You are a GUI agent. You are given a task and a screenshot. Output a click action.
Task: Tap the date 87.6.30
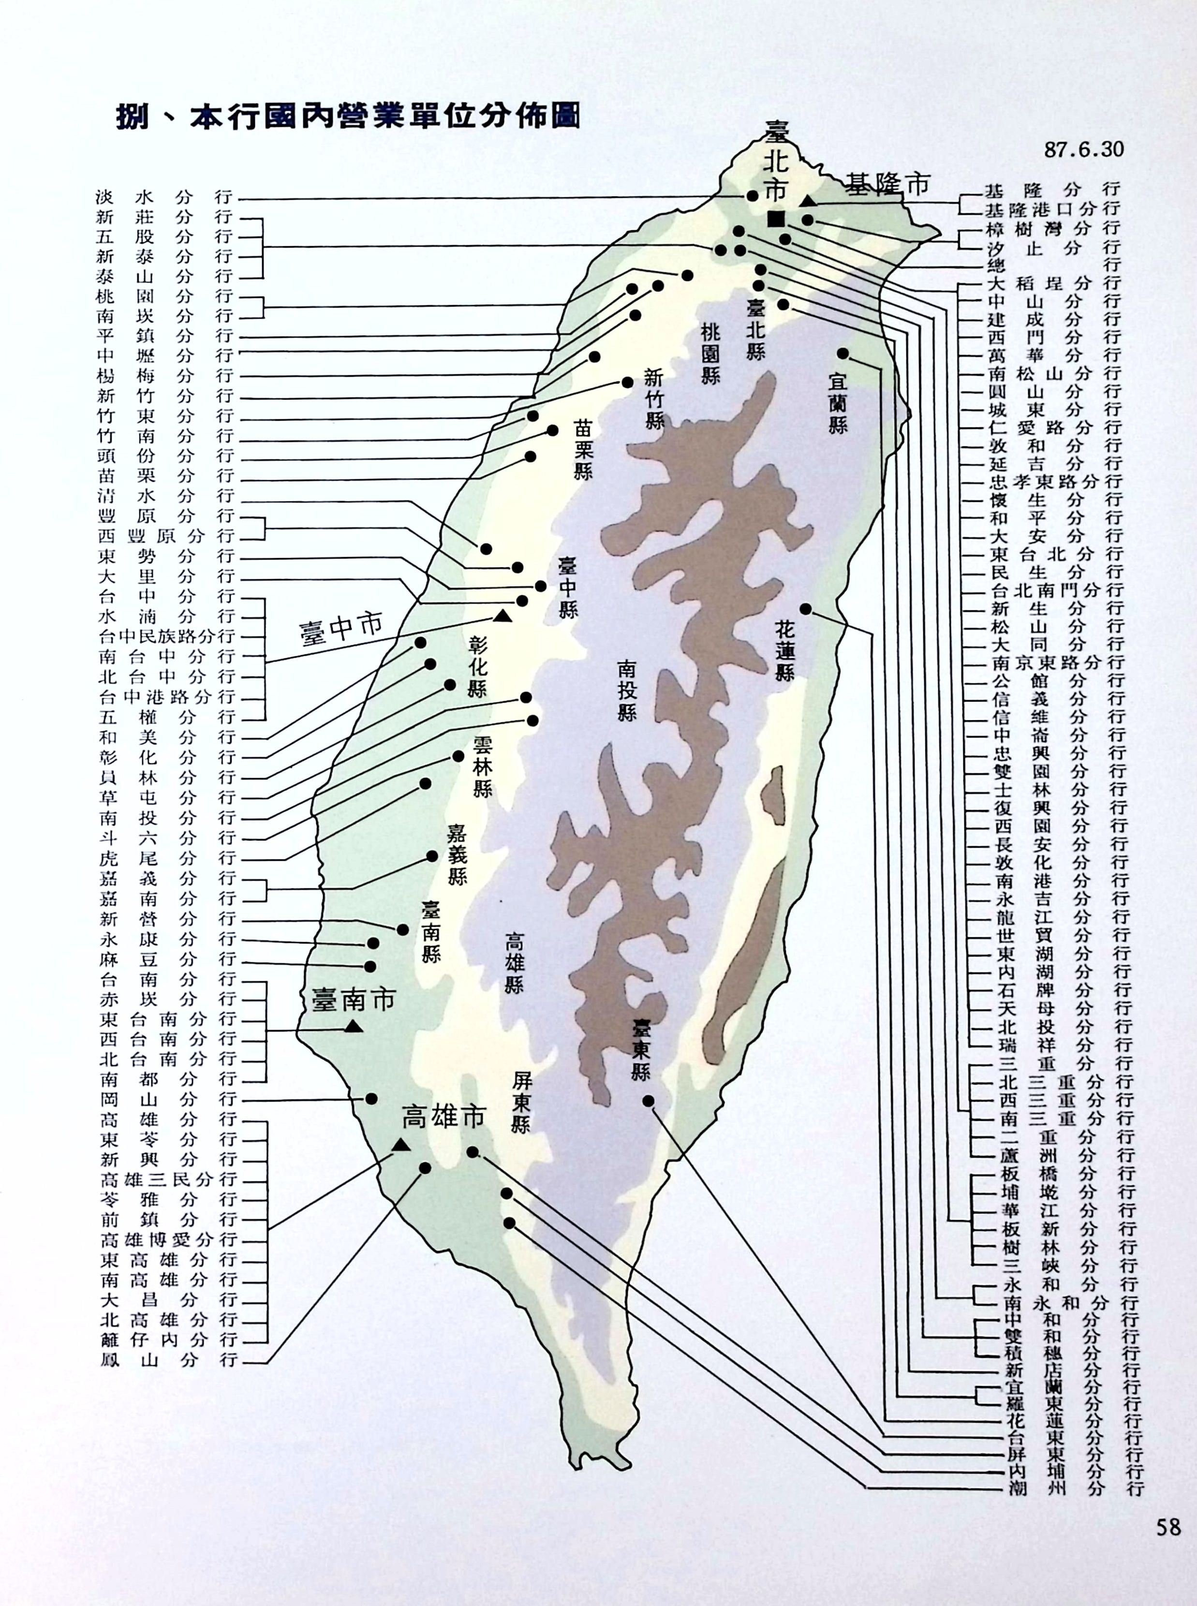pyautogui.click(x=1083, y=149)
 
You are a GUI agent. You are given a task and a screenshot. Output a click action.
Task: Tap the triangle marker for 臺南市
pyautogui.click(x=354, y=1026)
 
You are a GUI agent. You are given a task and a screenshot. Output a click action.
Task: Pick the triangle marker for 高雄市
pyautogui.click(x=400, y=1145)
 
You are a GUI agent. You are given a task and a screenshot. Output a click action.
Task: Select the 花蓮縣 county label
pyautogui.click(x=785, y=652)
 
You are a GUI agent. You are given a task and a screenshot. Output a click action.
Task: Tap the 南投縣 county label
pyautogui.click(x=627, y=689)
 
